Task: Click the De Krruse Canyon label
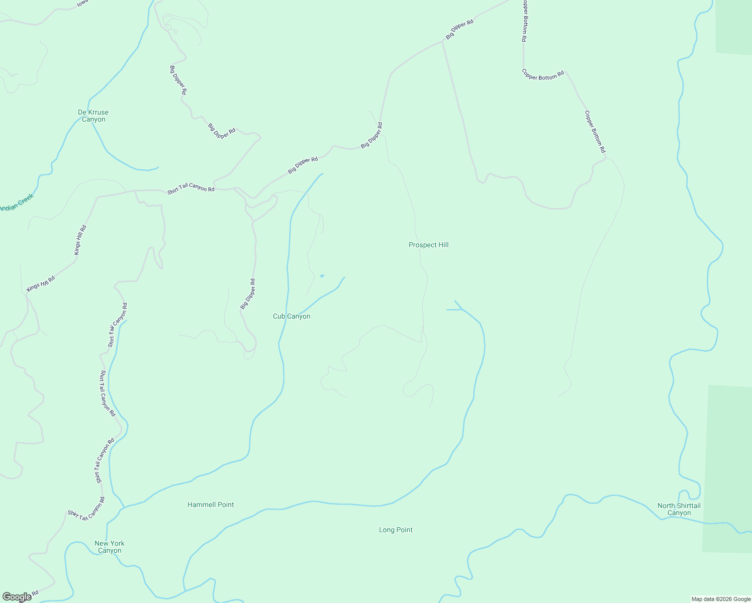click(93, 116)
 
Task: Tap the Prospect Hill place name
click(428, 245)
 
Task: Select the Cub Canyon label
click(292, 316)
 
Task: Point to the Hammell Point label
click(211, 505)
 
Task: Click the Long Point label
click(396, 530)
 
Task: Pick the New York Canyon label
click(110, 547)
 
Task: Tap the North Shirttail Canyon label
click(679, 509)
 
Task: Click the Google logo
click(17, 597)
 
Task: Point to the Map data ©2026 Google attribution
click(720, 599)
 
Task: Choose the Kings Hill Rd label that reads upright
click(80, 240)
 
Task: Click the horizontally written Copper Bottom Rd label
click(543, 75)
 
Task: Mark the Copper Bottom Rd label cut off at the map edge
click(524, 20)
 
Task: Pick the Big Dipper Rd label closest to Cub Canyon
click(248, 293)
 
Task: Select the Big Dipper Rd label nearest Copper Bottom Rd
click(459, 30)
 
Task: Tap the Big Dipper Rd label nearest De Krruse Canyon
click(178, 80)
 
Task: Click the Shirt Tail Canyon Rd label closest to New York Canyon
click(87, 509)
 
